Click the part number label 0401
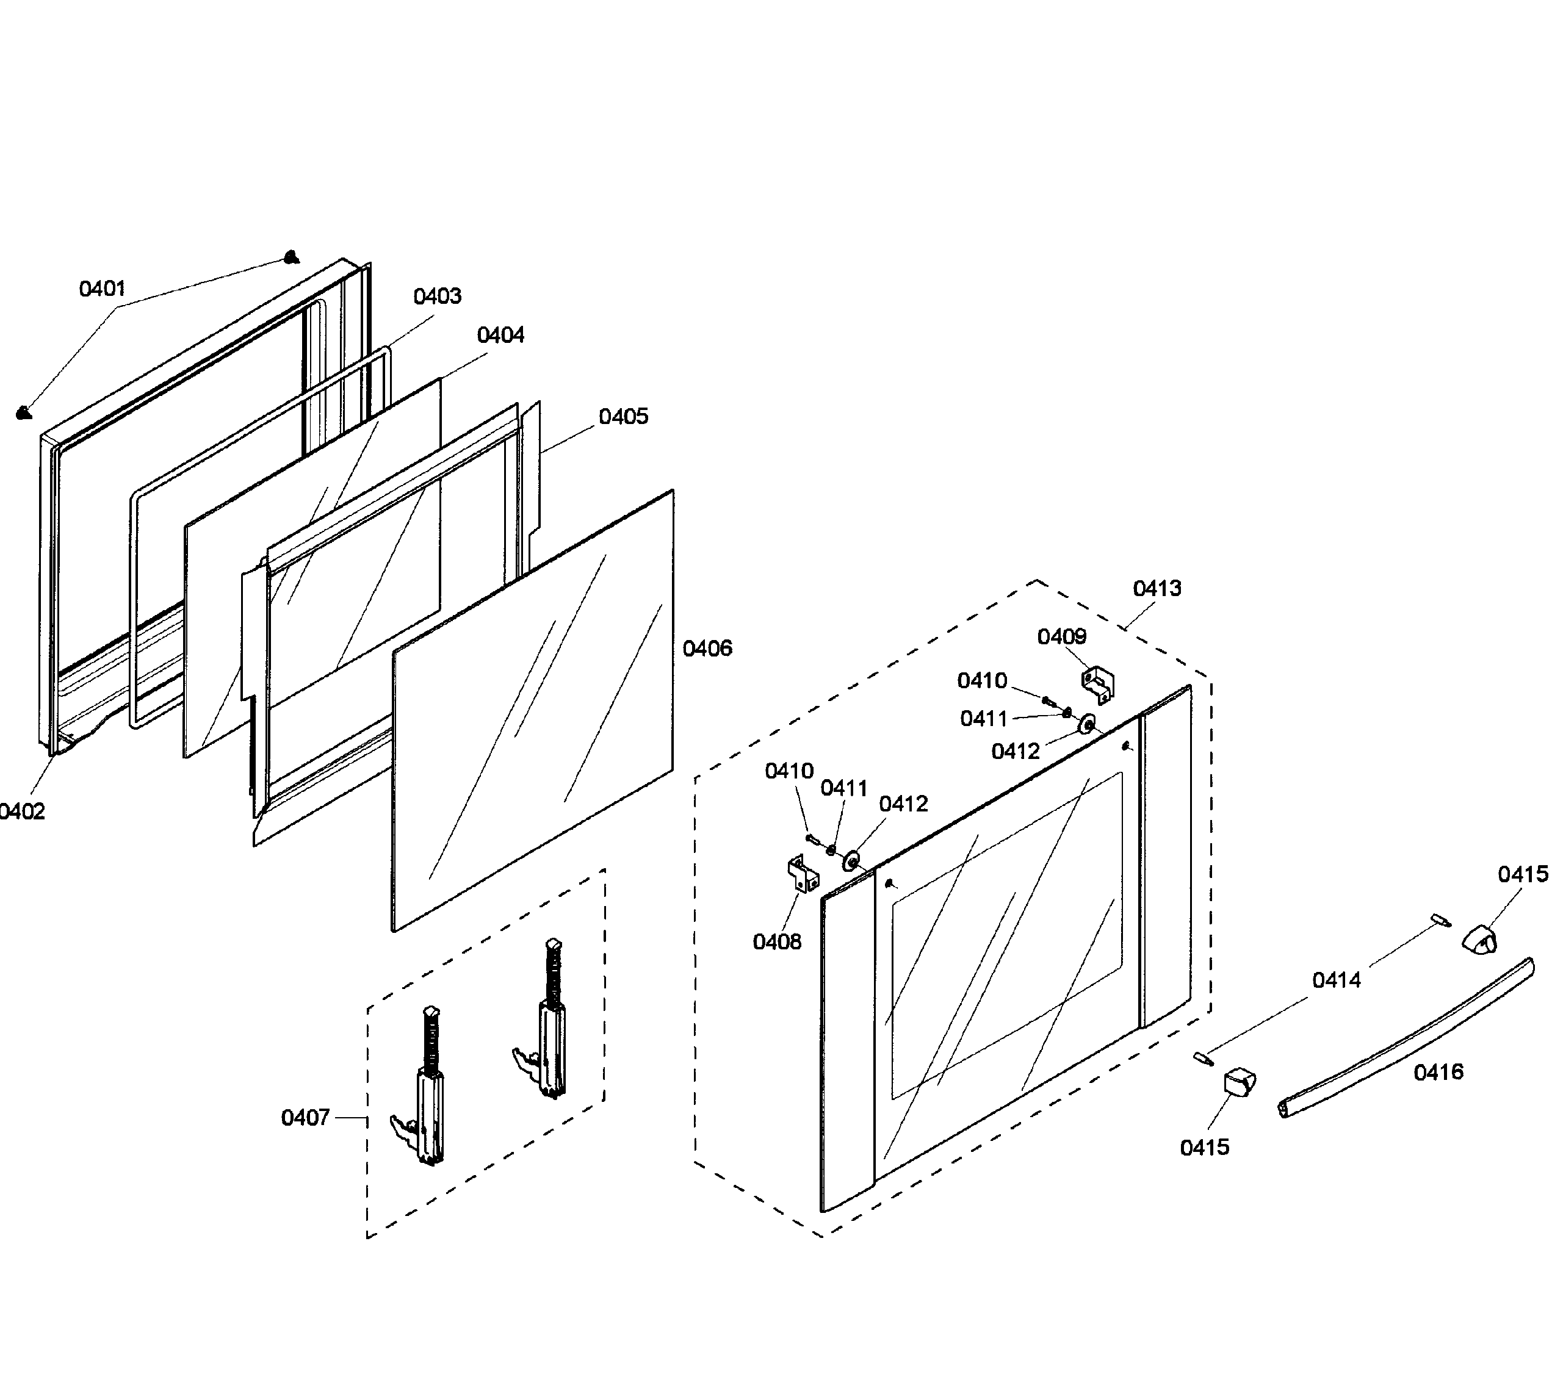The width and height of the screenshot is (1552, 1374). point(102,289)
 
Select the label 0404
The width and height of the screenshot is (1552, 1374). point(500,335)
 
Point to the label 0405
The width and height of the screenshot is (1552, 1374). point(623,416)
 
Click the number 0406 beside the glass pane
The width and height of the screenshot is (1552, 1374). point(707,649)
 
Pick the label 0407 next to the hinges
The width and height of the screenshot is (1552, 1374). point(305,1117)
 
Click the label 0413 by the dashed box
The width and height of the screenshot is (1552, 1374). point(1157,588)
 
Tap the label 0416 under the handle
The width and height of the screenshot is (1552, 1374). point(1438,1072)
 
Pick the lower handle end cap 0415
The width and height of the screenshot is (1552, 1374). point(1238,1081)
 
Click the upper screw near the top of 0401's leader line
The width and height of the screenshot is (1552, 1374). point(291,258)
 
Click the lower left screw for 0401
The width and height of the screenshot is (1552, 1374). point(24,412)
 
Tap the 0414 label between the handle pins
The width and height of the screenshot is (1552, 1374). point(1337,980)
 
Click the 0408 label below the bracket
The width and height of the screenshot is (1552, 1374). point(777,942)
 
